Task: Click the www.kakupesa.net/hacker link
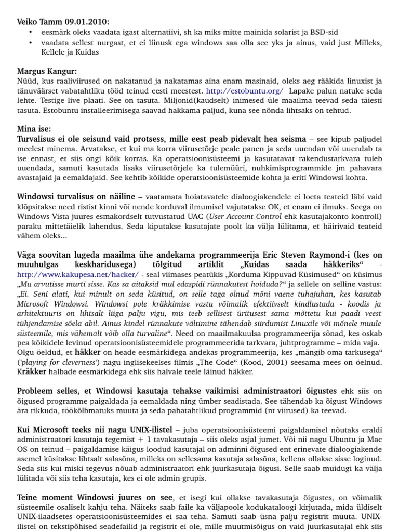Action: [78, 274]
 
